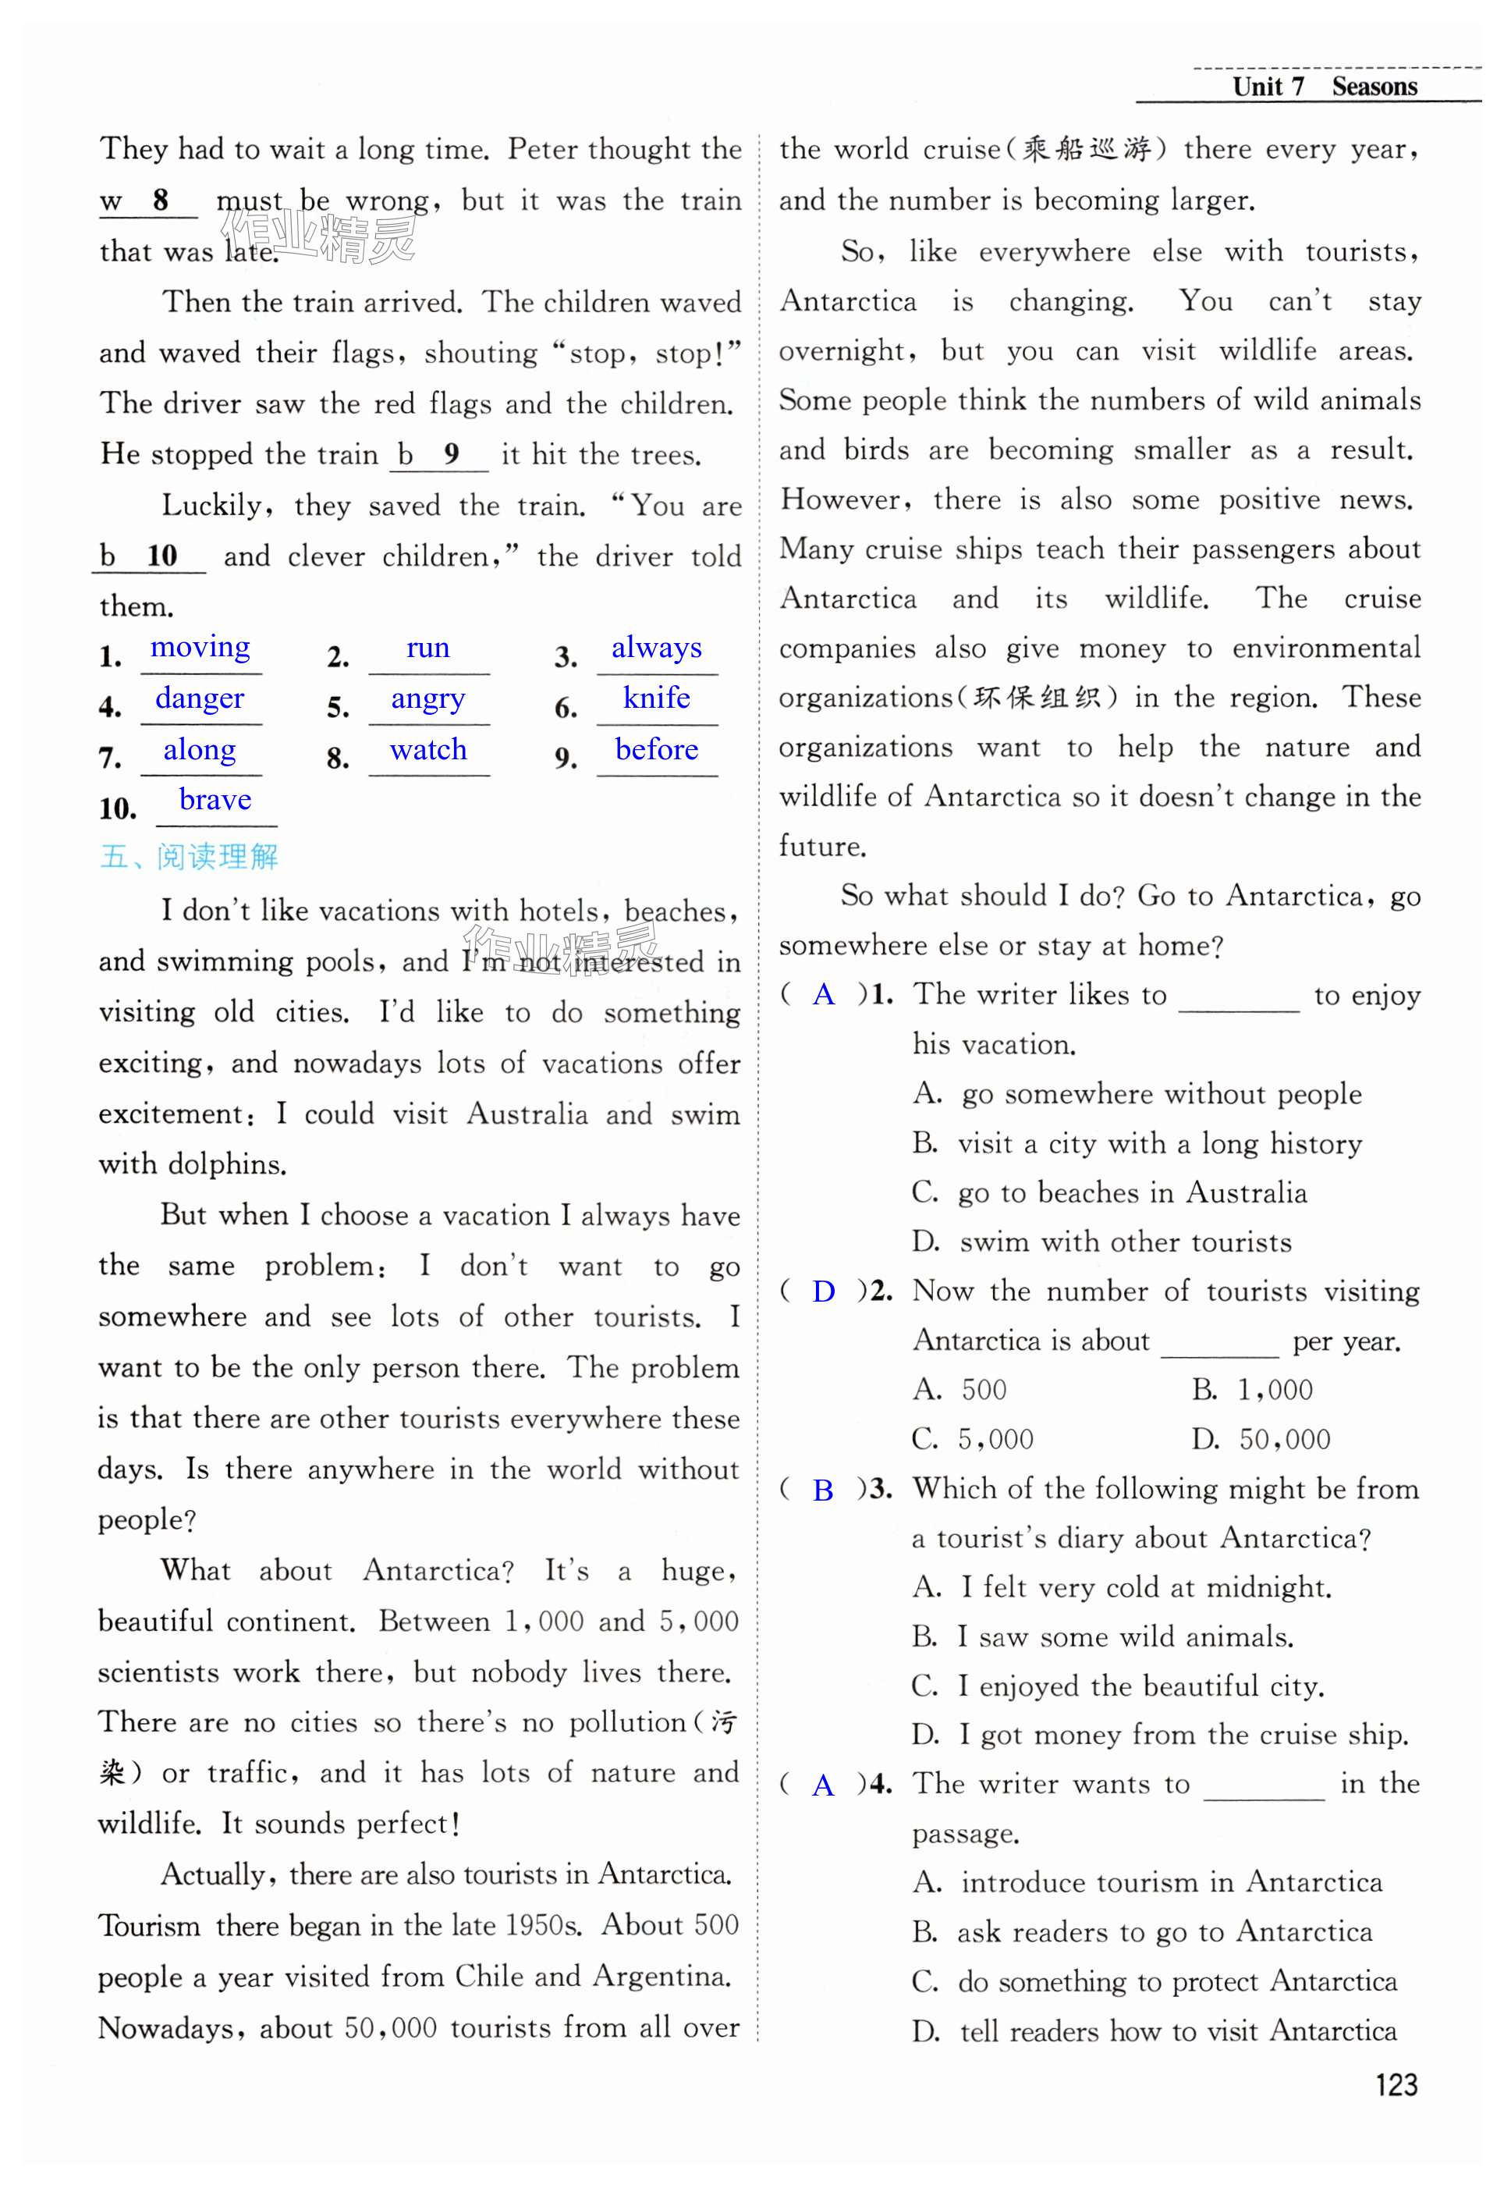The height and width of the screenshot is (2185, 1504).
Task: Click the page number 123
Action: click(x=1395, y=2084)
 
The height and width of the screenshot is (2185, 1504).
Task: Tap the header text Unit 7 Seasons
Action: click(x=1324, y=87)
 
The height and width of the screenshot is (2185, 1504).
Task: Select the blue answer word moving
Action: click(x=200, y=648)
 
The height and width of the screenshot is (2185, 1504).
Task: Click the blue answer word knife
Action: click(x=656, y=698)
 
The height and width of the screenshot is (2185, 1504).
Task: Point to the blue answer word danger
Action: click(x=200, y=698)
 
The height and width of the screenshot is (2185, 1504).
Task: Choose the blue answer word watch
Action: click(x=427, y=749)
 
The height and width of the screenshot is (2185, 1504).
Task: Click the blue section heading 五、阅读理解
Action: click(x=189, y=856)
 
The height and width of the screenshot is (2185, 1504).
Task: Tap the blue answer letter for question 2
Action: click(x=823, y=1291)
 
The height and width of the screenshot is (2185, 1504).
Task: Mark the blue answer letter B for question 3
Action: click(x=823, y=1490)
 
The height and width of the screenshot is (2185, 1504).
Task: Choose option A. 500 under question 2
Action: click(x=960, y=1390)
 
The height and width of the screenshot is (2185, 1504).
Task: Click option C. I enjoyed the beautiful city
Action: click(x=1118, y=1686)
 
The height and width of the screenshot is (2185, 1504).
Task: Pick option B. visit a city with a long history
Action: click(x=1137, y=1143)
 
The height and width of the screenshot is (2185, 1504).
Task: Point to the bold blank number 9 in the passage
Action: click(x=452, y=454)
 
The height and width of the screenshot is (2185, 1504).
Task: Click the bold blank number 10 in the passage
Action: click(x=161, y=556)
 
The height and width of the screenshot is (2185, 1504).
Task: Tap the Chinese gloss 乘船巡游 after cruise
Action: click(x=1087, y=149)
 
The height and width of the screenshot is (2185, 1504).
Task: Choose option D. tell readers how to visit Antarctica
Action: click(x=1155, y=2030)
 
